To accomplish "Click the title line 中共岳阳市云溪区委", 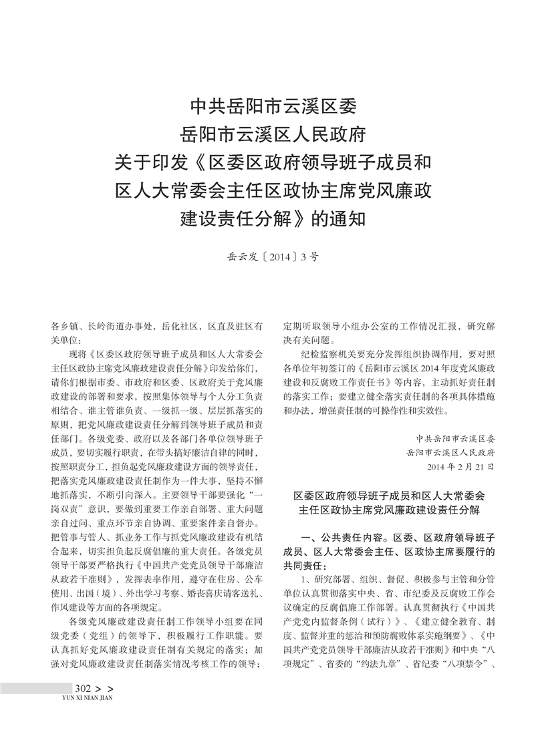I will tap(274, 106).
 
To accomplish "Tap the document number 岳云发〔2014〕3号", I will tap(275, 254).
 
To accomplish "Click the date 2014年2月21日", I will tap(460, 466).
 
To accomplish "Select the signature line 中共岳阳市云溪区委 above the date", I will tap(454, 439).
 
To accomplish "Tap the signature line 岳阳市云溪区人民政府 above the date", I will tap(454, 453).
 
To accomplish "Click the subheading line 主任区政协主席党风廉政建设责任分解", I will tap(389, 512).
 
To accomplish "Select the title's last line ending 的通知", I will tap(274, 218).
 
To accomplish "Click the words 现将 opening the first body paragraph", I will tap(79, 353).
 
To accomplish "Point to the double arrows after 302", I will tap(106, 706).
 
